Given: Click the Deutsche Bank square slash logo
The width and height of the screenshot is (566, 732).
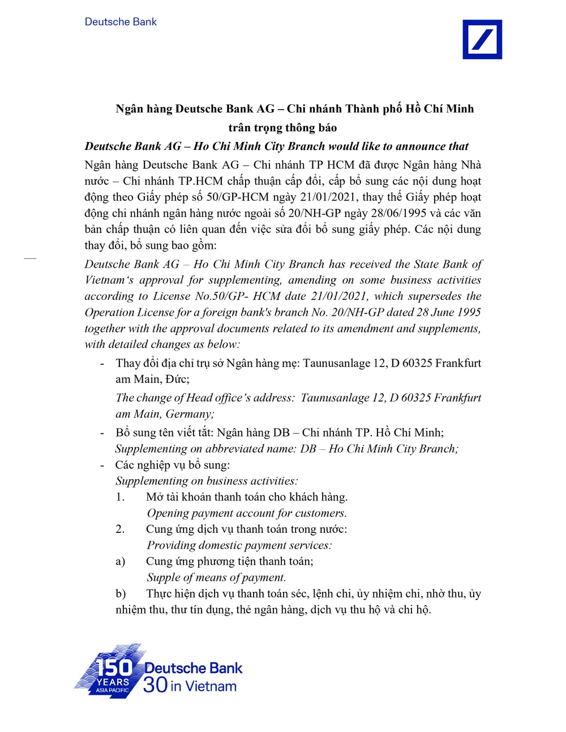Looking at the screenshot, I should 482,39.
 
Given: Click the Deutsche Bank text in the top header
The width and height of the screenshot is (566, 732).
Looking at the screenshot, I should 121,22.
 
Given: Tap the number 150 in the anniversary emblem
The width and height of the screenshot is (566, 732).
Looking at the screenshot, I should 113,668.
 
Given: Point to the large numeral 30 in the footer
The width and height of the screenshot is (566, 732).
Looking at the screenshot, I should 155,685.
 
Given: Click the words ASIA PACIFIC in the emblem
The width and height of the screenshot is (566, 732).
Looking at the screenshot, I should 112,690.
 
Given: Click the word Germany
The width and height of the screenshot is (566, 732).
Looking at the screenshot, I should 190,414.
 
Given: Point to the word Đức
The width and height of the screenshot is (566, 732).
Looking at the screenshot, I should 177,379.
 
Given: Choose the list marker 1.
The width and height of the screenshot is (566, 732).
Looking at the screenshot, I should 120,497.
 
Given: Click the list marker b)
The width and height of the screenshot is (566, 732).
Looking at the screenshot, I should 121,593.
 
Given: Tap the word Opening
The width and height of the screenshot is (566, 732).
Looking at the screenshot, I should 168,514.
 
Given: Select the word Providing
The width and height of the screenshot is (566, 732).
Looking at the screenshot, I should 171,546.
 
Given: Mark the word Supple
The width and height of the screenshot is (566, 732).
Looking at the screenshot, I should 164,578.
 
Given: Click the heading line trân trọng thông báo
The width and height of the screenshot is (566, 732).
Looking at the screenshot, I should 282,128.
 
